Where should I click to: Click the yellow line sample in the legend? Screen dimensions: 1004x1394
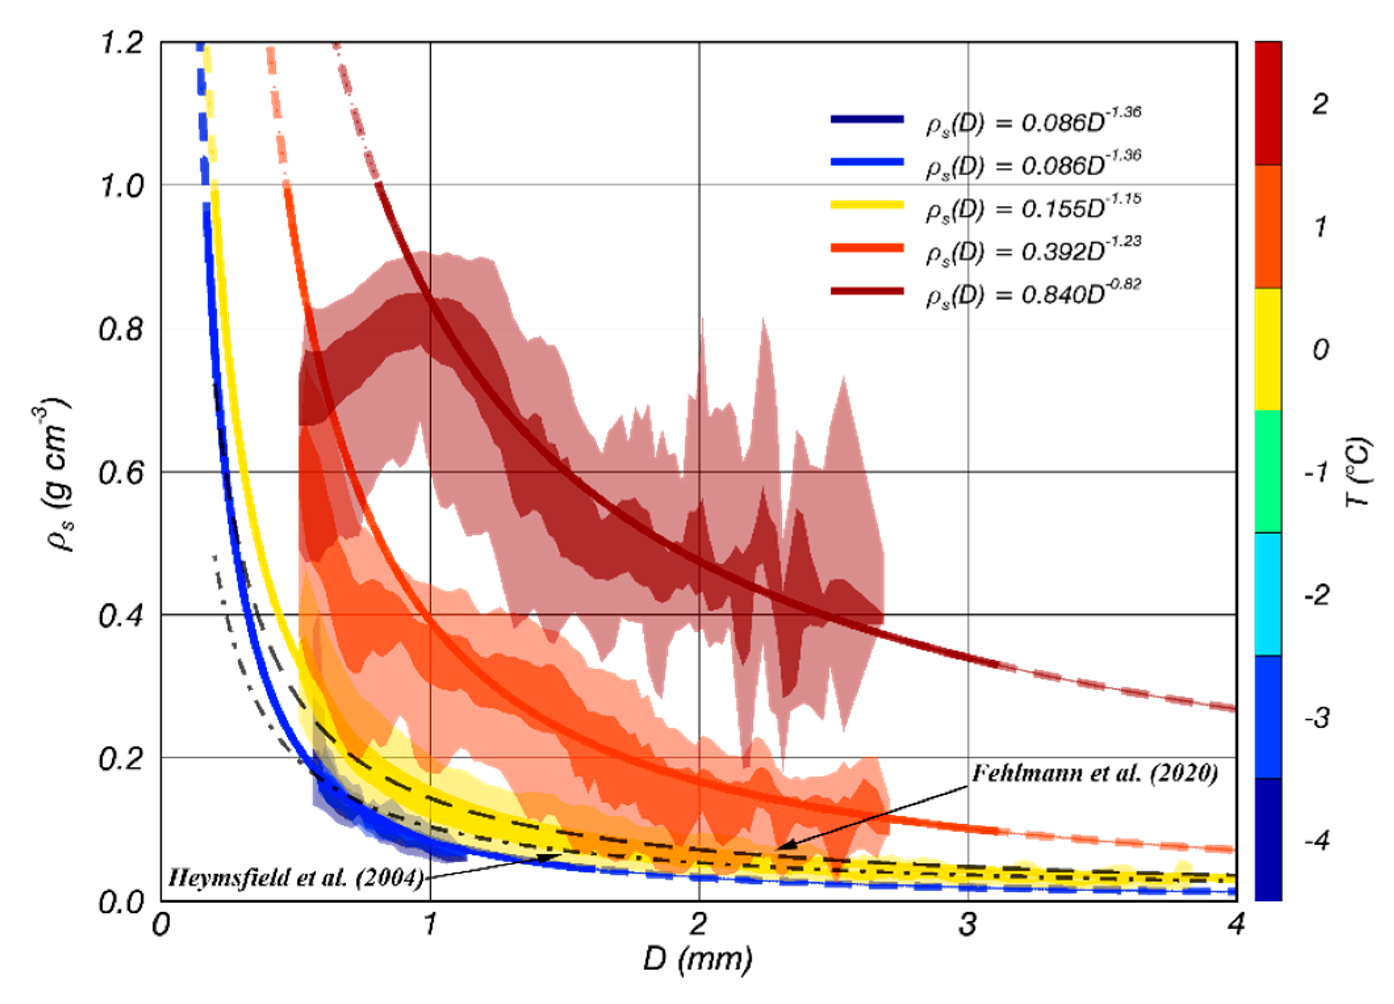(867, 205)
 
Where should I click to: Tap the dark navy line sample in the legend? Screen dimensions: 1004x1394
(867, 119)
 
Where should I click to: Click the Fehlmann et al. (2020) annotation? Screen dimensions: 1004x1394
(1094, 773)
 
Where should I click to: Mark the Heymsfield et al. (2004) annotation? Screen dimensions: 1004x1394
(295, 878)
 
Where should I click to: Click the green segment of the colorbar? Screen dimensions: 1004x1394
(1267, 472)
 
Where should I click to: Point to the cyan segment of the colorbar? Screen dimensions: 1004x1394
(1267, 594)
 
